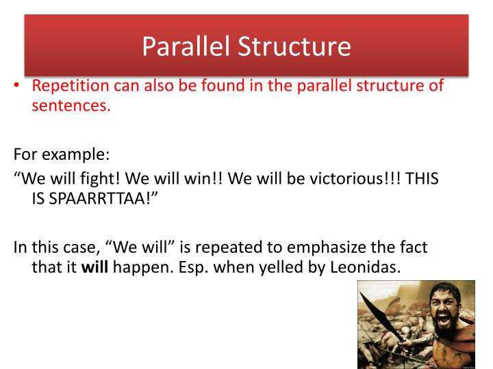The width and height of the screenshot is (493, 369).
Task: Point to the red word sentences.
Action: [71, 106]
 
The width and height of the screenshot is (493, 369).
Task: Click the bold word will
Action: [90, 267]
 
